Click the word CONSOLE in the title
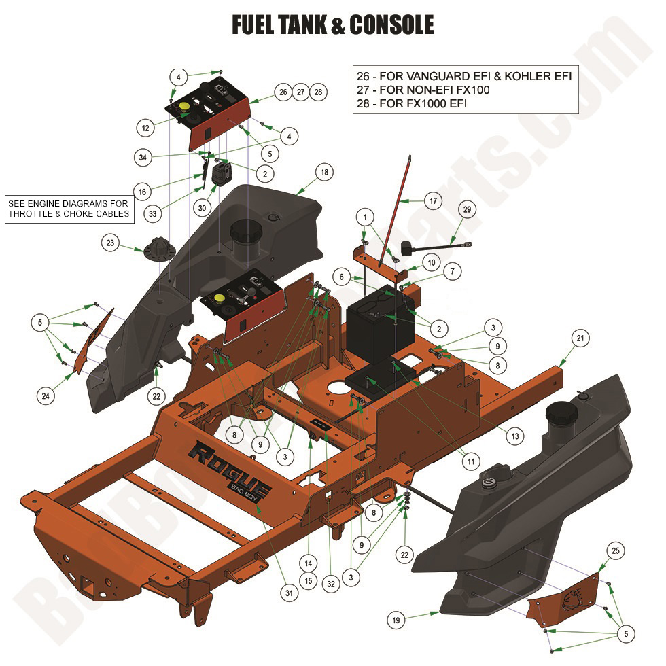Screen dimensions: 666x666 pos(391,25)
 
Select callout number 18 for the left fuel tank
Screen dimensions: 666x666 pos(324,173)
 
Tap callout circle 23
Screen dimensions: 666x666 pos(111,241)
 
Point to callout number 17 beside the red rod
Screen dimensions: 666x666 pos(432,201)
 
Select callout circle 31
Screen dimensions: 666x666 pos(290,593)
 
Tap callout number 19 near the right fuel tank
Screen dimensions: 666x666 pos(396,619)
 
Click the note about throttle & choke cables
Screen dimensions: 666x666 pos(67,209)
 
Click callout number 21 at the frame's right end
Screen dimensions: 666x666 pos(579,338)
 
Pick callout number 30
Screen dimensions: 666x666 pos(202,207)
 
